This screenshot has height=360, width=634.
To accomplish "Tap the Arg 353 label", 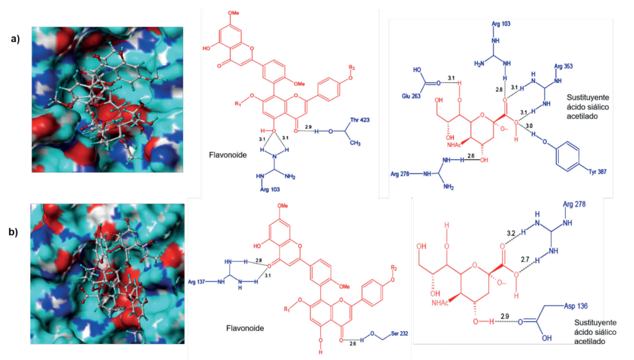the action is (564, 66).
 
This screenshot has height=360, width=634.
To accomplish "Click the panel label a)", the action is (15, 39).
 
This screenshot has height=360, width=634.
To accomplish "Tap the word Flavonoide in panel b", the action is (244, 328).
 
